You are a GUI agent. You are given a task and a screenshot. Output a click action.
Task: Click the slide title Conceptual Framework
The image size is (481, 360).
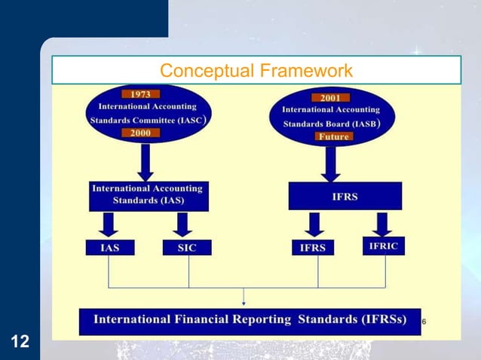[256, 71]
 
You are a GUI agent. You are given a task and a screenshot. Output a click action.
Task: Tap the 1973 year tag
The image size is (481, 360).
[141, 95]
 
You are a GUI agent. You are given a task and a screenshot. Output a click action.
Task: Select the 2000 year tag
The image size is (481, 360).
[141, 133]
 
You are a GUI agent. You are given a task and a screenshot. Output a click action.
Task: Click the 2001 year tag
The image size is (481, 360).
[330, 98]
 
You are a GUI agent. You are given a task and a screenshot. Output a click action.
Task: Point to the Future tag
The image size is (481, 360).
[333, 137]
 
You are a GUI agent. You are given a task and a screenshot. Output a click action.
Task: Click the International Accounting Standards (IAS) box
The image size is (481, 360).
[148, 195]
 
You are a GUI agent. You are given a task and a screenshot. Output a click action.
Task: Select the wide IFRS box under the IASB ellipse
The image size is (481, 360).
[345, 196]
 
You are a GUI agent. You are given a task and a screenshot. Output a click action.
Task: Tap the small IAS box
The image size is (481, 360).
[109, 247]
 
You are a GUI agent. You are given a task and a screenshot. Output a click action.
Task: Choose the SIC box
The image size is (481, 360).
[188, 247]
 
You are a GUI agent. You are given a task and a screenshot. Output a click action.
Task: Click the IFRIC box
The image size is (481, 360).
[383, 246]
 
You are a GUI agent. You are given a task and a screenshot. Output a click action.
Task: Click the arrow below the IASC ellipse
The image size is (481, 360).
[146, 160]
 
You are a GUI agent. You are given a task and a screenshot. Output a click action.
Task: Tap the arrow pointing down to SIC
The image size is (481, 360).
[182, 224]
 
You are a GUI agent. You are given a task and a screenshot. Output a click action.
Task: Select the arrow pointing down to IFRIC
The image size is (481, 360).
[382, 224]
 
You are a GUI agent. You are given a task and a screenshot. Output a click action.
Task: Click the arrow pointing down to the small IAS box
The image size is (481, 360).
[110, 224]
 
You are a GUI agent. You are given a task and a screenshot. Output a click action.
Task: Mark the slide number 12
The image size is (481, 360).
[20, 343]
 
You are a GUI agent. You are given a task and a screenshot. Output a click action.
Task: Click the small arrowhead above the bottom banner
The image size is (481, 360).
[243, 302]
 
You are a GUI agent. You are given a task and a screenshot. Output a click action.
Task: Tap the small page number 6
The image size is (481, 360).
[424, 322]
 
